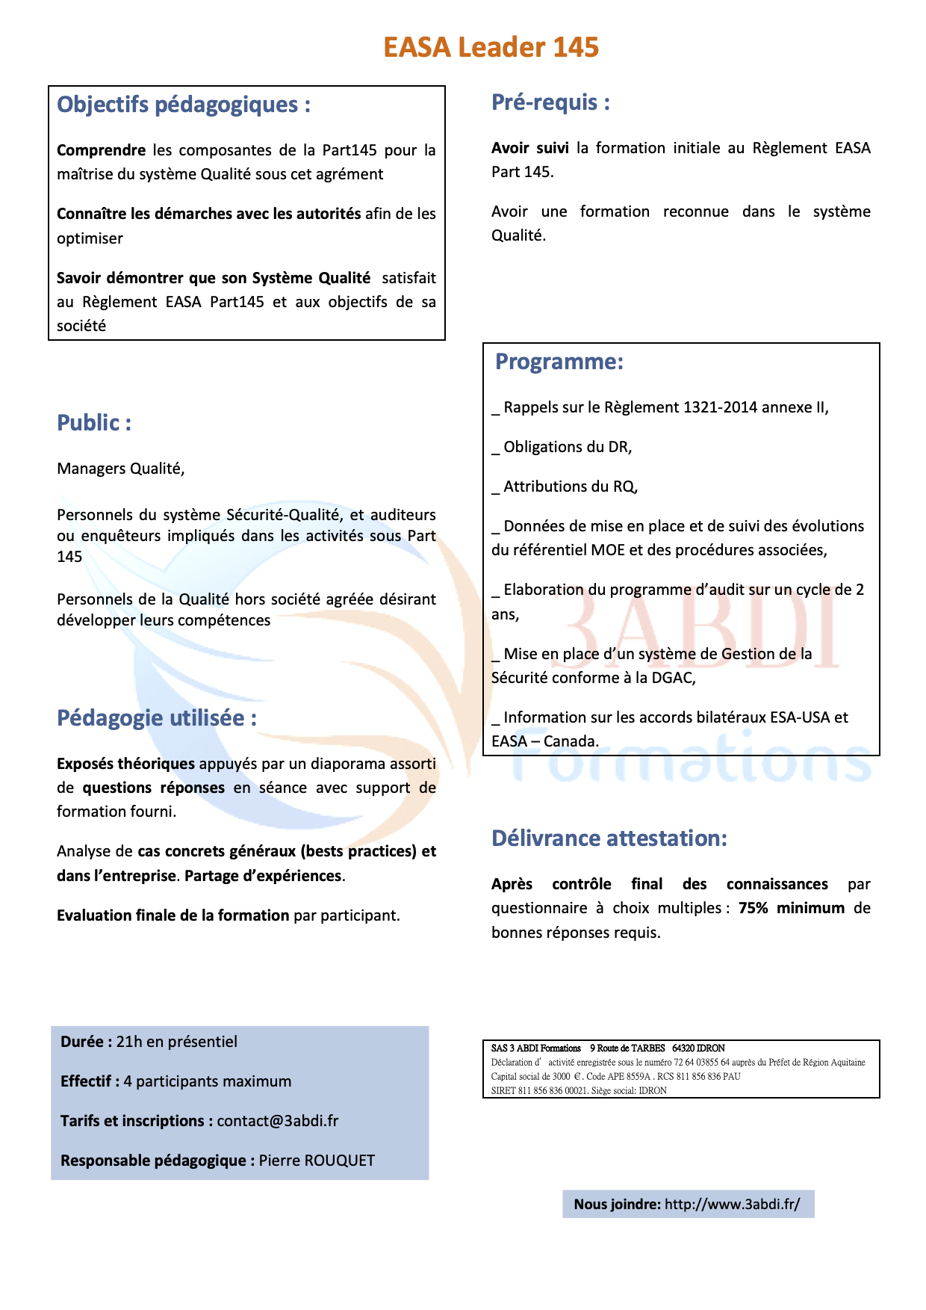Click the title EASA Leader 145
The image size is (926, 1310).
[491, 47]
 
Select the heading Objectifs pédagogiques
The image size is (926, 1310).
[183, 105]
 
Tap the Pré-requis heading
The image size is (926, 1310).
[550, 102]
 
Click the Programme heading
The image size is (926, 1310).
[559, 362]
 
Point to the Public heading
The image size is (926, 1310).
[94, 423]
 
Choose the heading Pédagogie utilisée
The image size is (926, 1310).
[156, 718]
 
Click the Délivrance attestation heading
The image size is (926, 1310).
[609, 838]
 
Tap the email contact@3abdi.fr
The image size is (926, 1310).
[278, 1121]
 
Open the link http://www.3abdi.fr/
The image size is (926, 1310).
[732, 1204]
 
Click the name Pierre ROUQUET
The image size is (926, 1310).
[317, 1161]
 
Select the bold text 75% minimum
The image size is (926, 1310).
[792, 908]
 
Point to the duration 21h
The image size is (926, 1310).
[128, 1042]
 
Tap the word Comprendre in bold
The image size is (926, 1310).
[101, 150]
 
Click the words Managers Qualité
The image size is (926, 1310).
[120, 469]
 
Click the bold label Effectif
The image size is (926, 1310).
[87, 1081]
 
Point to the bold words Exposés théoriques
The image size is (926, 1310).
[125, 764]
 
